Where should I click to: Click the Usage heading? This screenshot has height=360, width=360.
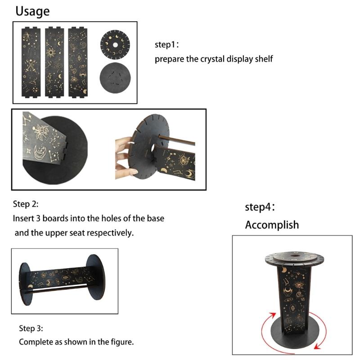(x=33, y=11)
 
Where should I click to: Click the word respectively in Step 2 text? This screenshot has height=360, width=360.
(x=112, y=233)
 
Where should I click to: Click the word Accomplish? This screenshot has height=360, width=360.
(x=272, y=225)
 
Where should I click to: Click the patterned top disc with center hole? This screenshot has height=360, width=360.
(x=114, y=45)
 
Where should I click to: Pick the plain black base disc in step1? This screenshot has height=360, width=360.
(x=114, y=78)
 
